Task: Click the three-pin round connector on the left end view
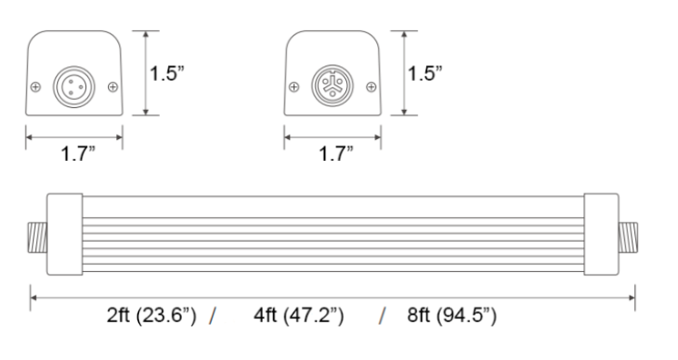74,86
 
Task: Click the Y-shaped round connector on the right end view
333,85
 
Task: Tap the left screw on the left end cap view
35,87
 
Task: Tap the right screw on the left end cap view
113,87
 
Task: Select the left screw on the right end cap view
294,87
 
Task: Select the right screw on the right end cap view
371,87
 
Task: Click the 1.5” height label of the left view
167,73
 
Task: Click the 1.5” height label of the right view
425,73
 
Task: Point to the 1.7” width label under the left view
78,154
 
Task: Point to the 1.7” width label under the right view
336,154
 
